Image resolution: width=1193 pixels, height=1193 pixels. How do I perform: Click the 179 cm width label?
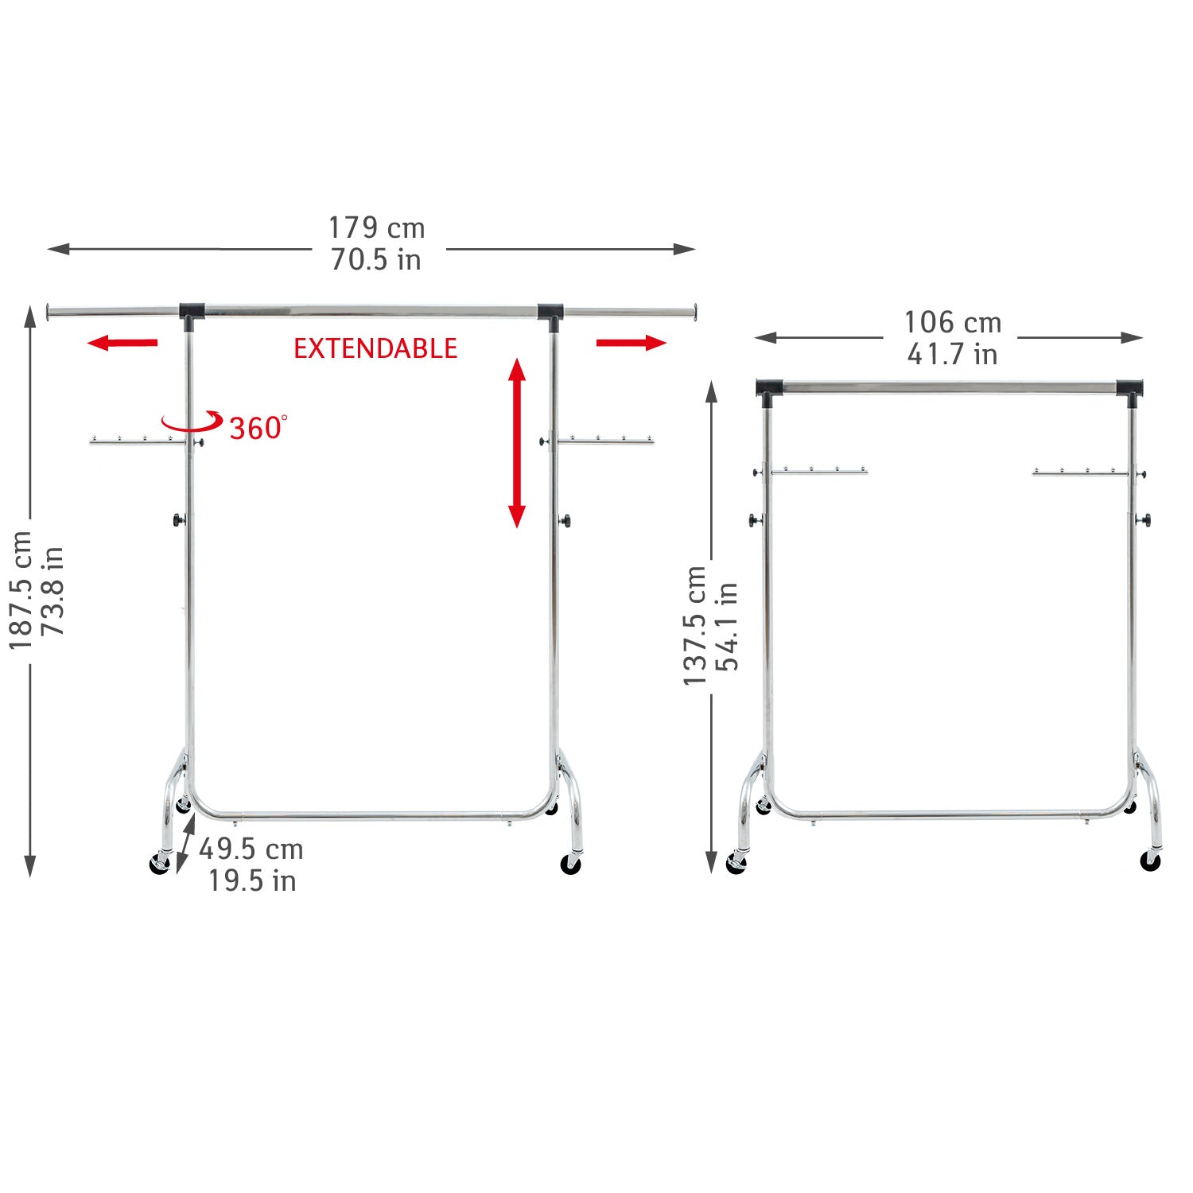tap(377, 228)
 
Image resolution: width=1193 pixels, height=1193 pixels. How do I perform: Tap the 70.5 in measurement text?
tap(376, 260)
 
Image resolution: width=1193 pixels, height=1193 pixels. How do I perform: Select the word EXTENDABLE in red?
tap(375, 348)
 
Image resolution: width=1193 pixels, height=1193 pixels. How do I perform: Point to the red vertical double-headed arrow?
tap(517, 443)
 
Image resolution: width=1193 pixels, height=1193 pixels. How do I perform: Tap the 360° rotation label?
tap(257, 428)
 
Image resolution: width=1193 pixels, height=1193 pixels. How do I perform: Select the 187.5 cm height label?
tap(21, 590)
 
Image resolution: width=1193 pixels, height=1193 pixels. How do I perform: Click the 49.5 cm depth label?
tap(251, 849)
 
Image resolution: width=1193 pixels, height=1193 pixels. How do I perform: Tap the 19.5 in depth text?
tap(252, 881)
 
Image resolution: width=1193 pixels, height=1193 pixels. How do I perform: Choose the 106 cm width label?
tap(952, 323)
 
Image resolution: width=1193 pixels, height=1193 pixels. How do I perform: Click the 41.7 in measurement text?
tap(952, 354)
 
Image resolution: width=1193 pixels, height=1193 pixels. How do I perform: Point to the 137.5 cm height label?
tap(695, 625)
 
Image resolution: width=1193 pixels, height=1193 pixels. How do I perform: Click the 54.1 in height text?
tap(727, 625)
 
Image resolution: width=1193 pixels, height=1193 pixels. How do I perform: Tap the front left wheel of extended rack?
tap(160, 865)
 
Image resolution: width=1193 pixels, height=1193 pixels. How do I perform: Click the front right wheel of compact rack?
tap(1150, 861)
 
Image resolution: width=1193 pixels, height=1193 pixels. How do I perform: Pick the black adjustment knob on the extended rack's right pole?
tap(565, 520)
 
